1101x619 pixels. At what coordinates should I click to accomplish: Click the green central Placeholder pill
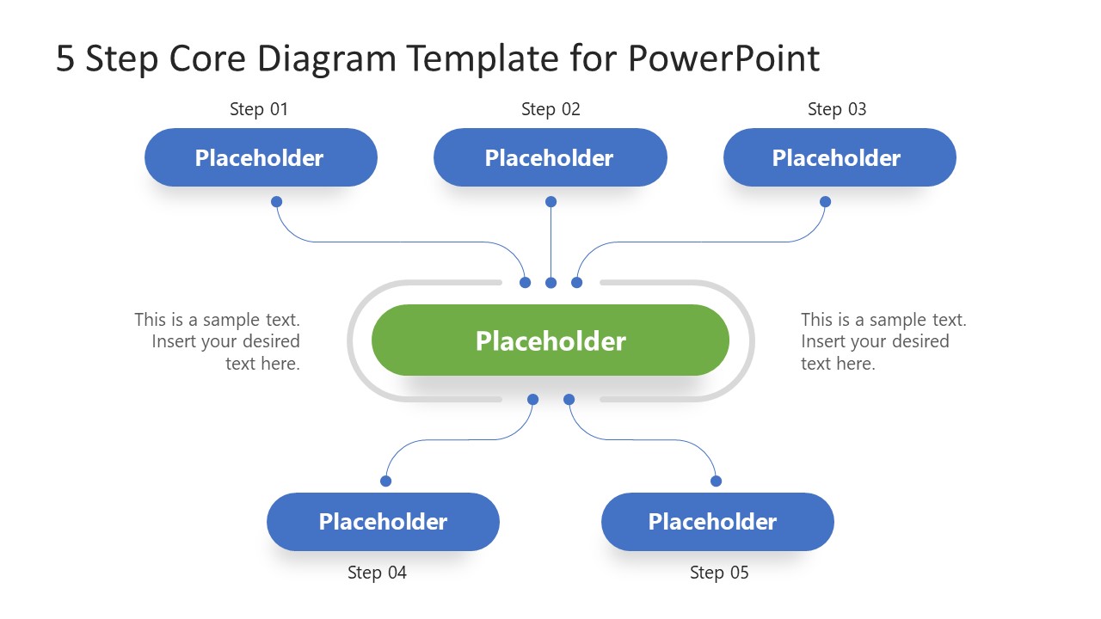pos(550,340)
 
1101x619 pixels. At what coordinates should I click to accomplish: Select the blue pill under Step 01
pos(261,157)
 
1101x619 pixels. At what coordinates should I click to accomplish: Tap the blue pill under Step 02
pos(550,157)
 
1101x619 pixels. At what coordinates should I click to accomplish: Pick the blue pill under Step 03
pos(840,157)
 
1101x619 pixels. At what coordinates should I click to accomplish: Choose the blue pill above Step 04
pos(383,522)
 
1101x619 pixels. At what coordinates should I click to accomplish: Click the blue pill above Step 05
pos(717,522)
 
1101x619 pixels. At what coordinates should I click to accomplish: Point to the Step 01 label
pos(259,109)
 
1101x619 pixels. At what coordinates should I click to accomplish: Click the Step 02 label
pos(550,109)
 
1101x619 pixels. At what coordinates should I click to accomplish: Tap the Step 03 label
pos(837,109)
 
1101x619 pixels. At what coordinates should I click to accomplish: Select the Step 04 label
pos(377,573)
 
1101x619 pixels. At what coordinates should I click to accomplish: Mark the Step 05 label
pos(719,573)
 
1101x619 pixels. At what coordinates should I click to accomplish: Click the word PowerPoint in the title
pos(723,58)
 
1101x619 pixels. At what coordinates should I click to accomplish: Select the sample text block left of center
pos(218,341)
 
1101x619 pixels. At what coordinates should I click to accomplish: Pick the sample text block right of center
pos(883,341)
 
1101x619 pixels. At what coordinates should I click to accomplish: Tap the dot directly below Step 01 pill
pos(276,202)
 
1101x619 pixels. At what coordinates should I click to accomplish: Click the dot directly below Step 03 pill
pos(825,202)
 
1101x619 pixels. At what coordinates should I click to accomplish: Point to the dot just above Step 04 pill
pos(385,481)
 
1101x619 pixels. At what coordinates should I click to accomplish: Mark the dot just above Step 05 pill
pos(716,481)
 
